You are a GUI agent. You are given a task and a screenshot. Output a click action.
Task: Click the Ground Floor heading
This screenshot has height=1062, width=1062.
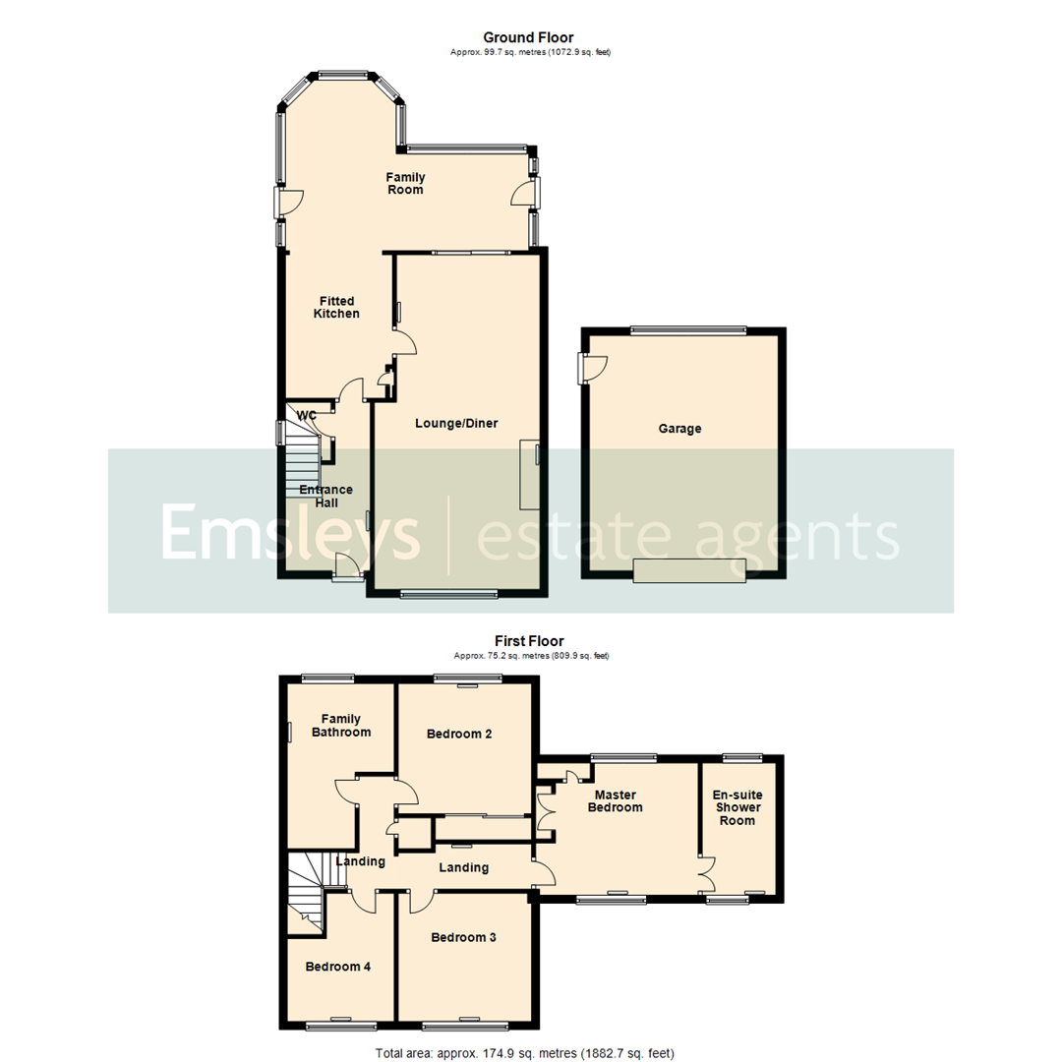[530, 38]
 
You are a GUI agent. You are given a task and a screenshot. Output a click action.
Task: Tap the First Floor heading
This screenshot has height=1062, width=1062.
[530, 641]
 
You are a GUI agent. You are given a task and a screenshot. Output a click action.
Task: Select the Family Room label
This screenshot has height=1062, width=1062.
[404, 183]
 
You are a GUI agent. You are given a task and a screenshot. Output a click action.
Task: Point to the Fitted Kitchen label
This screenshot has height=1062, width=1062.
[335, 307]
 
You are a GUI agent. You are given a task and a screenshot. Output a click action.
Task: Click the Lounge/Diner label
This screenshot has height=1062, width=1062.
[456, 424]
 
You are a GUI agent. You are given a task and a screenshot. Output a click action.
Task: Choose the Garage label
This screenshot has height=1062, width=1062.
[679, 429]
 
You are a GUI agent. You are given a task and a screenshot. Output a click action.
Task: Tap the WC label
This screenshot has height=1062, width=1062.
[307, 416]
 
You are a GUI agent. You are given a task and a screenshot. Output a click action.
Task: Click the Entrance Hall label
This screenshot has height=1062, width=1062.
[325, 496]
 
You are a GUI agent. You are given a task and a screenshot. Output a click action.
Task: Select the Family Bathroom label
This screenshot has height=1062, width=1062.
[341, 725]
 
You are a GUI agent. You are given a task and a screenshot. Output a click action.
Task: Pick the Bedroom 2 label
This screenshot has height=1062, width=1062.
[459, 734]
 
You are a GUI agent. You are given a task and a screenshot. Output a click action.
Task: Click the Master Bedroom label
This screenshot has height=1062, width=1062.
[615, 800]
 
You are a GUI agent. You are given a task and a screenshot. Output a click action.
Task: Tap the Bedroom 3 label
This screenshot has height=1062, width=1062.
[463, 937]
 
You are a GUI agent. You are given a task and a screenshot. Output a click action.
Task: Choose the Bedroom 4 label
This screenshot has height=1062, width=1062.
[337, 967]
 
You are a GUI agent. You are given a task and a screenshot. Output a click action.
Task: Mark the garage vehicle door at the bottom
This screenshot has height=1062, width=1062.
[688, 570]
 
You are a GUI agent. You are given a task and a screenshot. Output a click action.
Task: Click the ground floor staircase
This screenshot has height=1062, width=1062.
[304, 462]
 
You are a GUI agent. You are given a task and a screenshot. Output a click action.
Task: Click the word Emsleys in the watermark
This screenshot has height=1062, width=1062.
[290, 536]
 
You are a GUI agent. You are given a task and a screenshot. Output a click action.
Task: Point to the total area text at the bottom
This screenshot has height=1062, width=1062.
[524, 1052]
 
